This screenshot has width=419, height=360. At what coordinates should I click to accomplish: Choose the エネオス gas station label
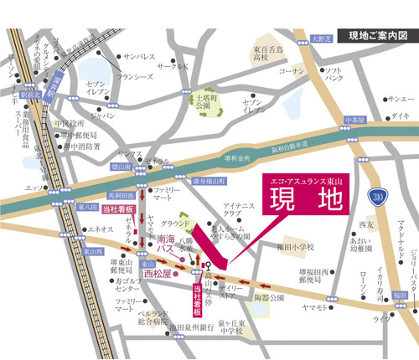click(101, 229)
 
